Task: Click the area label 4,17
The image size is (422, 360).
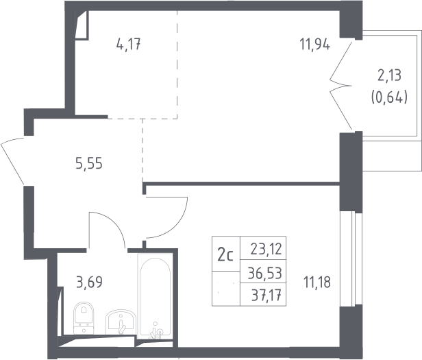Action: (128, 45)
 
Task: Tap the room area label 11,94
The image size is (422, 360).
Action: (315, 44)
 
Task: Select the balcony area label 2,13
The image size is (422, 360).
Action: (389, 75)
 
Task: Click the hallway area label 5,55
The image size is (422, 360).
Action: (89, 163)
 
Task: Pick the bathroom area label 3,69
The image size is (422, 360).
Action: (89, 282)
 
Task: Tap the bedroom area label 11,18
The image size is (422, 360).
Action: (317, 283)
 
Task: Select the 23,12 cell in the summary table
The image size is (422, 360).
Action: (263, 248)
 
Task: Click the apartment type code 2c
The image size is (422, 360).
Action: (225, 256)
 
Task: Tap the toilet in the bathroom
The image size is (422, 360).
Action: (84, 318)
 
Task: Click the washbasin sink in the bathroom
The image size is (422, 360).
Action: (121, 322)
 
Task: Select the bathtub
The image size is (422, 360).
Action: (155, 296)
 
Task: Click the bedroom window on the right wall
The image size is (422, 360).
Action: (351, 259)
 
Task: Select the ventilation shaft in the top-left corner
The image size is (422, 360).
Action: (82, 25)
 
